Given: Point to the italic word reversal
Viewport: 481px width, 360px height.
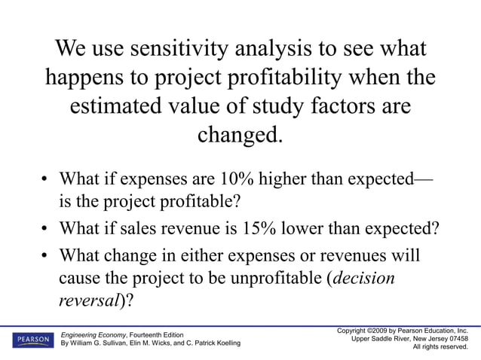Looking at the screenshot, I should [x=86, y=299].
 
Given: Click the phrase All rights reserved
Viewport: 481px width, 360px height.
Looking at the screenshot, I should [x=440, y=347].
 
